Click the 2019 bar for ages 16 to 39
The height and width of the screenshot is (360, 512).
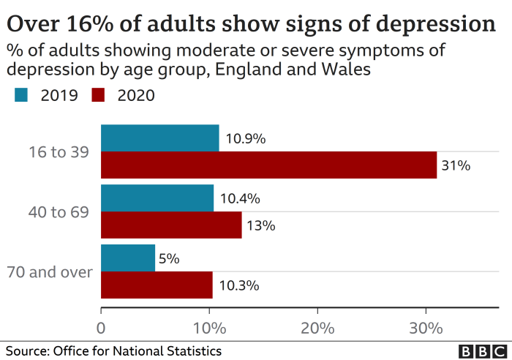point(159,138)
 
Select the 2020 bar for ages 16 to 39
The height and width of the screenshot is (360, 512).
point(268,165)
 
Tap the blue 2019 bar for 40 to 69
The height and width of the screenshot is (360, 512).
point(157,198)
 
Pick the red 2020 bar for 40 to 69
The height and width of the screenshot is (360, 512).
point(171,225)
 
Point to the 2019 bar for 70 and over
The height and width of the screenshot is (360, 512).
point(128,258)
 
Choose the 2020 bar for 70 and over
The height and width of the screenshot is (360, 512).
point(157,285)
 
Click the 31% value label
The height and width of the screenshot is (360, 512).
point(456,165)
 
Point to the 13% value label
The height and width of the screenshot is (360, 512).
point(260,225)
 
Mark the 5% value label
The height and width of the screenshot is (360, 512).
point(169,258)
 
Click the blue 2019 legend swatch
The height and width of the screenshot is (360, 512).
point(21,94)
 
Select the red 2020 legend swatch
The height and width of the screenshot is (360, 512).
point(99,94)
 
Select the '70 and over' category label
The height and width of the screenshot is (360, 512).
point(50,272)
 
